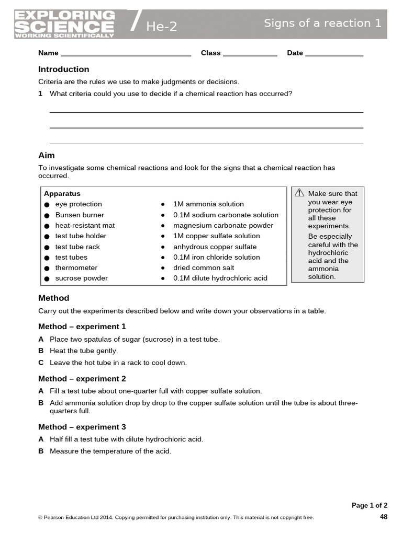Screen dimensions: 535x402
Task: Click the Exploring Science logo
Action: (64, 24)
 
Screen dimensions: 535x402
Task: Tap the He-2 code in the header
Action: (161, 27)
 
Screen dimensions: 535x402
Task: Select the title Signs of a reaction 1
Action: (322, 23)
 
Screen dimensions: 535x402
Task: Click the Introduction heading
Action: (64, 69)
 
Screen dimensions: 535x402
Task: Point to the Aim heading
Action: (47, 156)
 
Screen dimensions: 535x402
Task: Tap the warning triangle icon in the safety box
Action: (299, 193)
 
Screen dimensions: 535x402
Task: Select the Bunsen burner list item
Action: (80, 215)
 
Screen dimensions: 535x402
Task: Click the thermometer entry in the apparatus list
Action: (76, 267)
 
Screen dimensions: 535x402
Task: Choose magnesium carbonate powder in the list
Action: (223, 225)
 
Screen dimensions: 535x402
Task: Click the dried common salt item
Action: (204, 267)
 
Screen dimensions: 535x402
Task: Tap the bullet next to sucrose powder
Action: (47, 278)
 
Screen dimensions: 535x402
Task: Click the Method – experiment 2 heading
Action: (82, 379)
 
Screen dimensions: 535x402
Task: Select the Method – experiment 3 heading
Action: (82, 427)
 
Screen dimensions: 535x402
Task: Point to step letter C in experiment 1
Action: (41, 363)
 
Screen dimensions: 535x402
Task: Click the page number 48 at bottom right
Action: (383, 517)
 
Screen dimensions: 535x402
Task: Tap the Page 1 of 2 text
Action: (370, 505)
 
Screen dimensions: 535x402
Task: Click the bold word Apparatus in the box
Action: (62, 193)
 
